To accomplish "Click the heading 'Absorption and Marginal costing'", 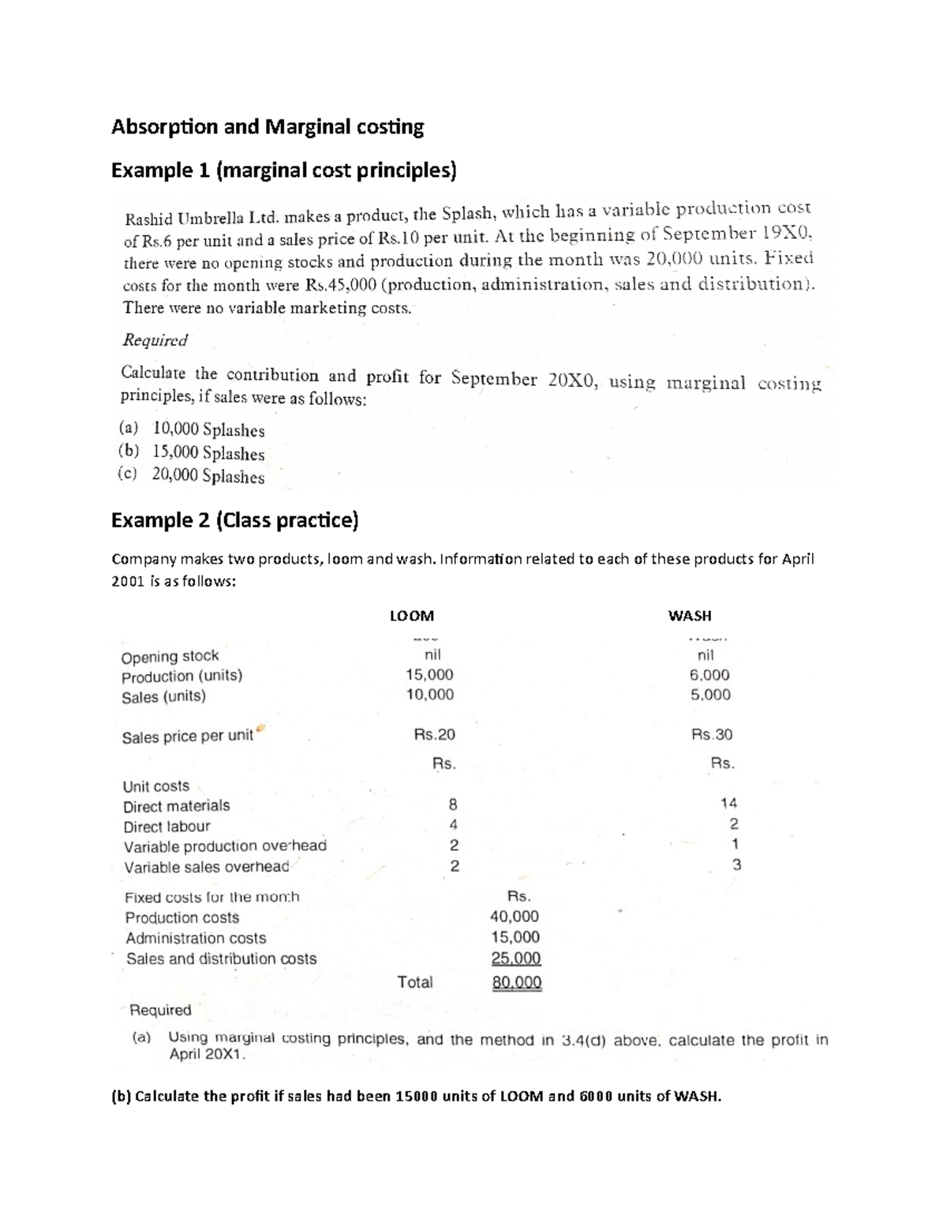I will (268, 127).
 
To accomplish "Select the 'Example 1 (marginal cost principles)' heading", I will (283, 171).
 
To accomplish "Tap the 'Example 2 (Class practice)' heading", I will (234, 520).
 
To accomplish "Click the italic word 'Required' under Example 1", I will (155, 340).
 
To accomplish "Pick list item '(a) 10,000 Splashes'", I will (192, 430).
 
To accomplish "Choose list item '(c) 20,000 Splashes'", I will (192, 476).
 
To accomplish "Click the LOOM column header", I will (412, 616).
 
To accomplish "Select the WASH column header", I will (689, 616).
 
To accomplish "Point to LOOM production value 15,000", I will (429, 675).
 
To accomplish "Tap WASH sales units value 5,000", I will (710, 695).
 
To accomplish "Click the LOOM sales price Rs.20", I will (434, 734).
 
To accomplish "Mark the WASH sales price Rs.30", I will (711, 734).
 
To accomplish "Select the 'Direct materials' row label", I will (176, 806).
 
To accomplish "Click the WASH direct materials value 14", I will (728, 804).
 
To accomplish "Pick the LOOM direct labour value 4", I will (453, 825).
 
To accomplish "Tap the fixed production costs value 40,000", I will (515, 917).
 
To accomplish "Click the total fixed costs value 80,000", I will (516, 983).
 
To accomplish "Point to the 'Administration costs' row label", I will (196, 938).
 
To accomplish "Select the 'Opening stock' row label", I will (170, 656).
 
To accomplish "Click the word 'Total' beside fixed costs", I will (414, 982).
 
